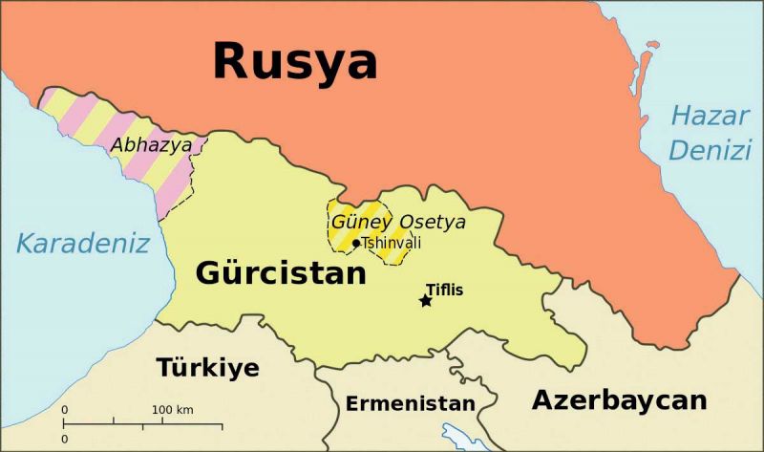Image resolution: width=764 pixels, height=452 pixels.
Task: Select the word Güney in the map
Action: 361,222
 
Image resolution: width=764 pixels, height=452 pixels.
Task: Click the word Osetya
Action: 432,222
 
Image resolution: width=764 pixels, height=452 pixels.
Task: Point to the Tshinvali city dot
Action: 356,243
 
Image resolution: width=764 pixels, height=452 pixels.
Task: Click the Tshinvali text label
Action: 391,243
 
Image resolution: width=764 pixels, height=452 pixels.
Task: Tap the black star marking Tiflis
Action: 426,301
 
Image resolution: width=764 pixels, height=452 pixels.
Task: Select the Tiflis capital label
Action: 444,287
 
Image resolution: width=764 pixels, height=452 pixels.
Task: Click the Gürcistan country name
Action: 281,273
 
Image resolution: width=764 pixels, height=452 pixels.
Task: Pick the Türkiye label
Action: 207,367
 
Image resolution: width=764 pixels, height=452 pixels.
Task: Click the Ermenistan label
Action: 409,403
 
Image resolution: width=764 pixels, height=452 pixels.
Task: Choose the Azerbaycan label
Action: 620,398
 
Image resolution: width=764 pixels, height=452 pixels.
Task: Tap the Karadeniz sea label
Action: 83,244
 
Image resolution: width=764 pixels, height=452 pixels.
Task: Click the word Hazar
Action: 710,117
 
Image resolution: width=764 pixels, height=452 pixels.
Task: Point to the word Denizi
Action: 710,150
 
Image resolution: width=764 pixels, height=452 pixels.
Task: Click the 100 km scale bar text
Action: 172,410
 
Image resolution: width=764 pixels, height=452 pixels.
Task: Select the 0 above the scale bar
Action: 65,410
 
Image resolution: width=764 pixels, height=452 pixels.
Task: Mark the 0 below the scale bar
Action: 65,439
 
